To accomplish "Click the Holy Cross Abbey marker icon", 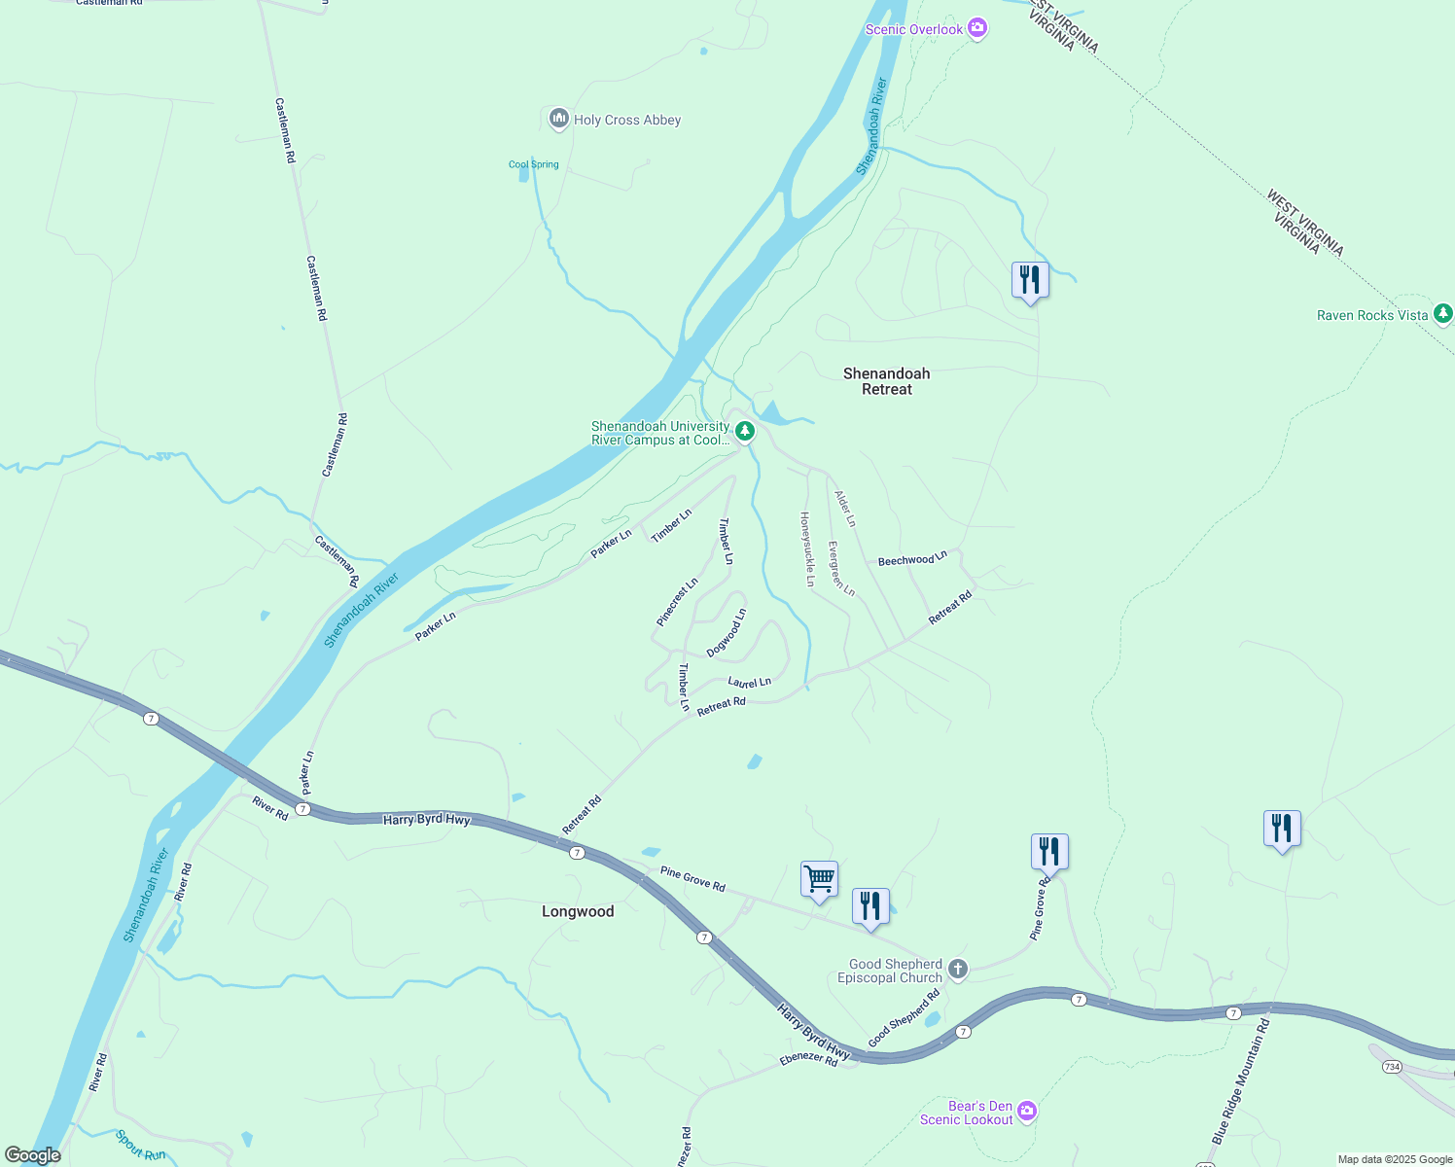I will click(x=558, y=120).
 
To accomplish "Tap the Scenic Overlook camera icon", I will click(x=977, y=29).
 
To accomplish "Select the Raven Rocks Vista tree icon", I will click(x=1443, y=314).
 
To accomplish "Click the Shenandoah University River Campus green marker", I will click(x=744, y=431).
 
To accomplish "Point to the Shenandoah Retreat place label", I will click(x=886, y=381).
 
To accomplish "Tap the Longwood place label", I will click(x=578, y=911).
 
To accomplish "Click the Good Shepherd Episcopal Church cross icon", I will click(x=957, y=969).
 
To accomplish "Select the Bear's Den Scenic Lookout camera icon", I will click(x=1027, y=1112).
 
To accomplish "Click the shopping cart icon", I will click(x=819, y=879).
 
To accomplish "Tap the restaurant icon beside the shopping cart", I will click(x=870, y=906).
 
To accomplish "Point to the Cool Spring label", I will click(x=534, y=164).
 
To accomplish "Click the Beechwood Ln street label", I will click(x=912, y=559).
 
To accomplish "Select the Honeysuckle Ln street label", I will click(x=806, y=549).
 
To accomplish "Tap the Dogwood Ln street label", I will click(x=727, y=633).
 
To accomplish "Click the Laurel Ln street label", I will click(x=749, y=683).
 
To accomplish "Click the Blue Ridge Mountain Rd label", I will click(x=1241, y=1080).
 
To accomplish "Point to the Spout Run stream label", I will click(x=140, y=1145).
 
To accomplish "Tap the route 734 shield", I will click(x=1392, y=1067).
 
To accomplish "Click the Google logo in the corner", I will click(x=33, y=1154).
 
